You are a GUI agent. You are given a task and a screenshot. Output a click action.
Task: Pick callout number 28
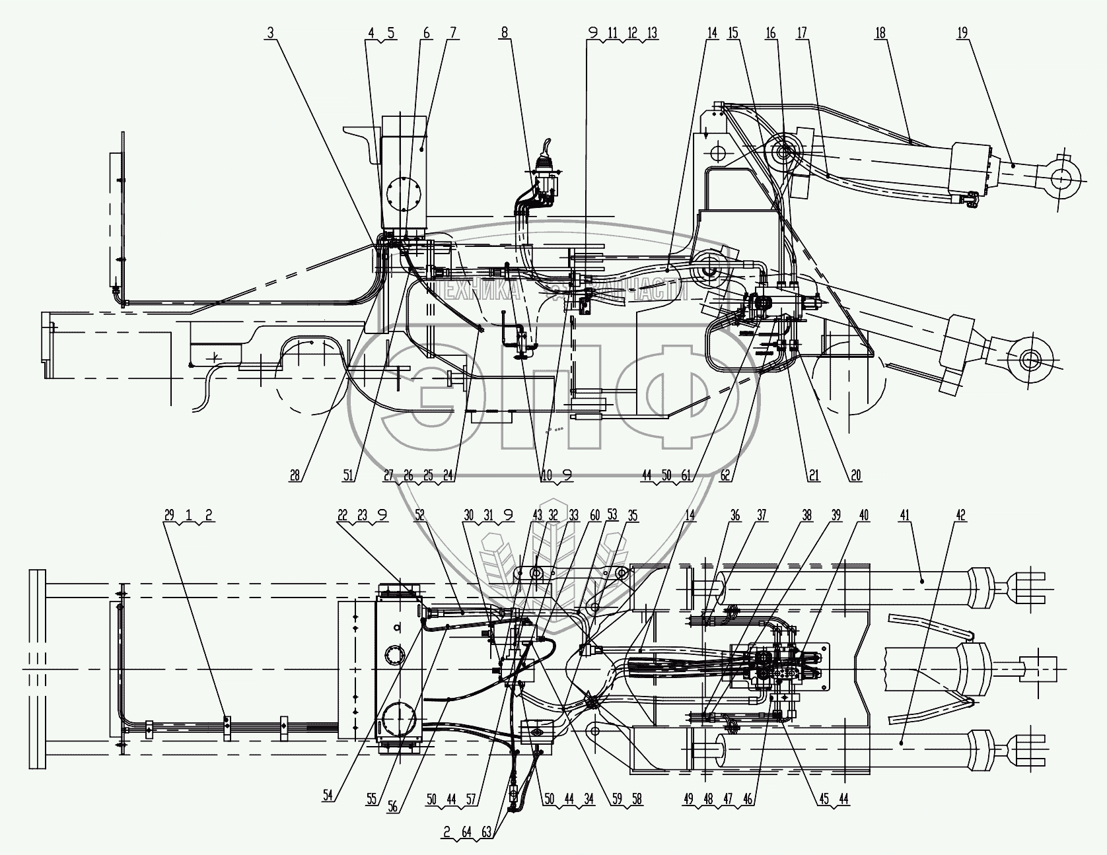point(294,475)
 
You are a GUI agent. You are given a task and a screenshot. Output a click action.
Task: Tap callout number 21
point(814,475)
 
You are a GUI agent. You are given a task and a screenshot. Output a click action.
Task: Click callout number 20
point(856,475)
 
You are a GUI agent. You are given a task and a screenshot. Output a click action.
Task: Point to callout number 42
point(961,516)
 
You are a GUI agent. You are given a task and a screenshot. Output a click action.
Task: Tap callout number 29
point(170,516)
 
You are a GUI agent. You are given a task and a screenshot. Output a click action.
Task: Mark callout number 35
point(633,516)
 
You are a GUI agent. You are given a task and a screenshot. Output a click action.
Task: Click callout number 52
point(419,516)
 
